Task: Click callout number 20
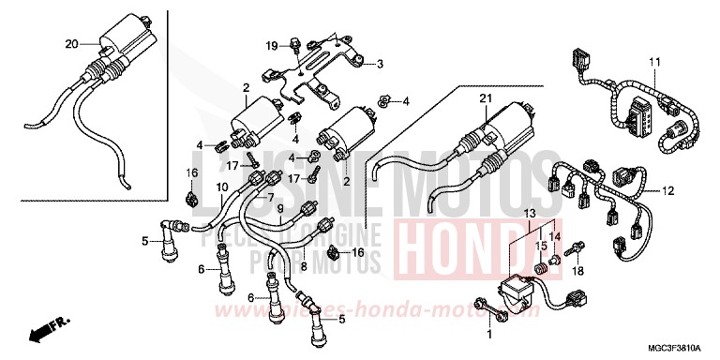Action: click(x=72, y=44)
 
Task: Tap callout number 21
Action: click(x=484, y=98)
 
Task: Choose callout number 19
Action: click(x=269, y=46)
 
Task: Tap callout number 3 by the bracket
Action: click(x=381, y=65)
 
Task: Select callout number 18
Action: click(x=578, y=270)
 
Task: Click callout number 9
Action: click(x=280, y=209)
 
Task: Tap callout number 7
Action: click(x=272, y=198)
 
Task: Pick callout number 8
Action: click(x=303, y=240)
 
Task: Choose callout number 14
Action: click(x=553, y=238)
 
